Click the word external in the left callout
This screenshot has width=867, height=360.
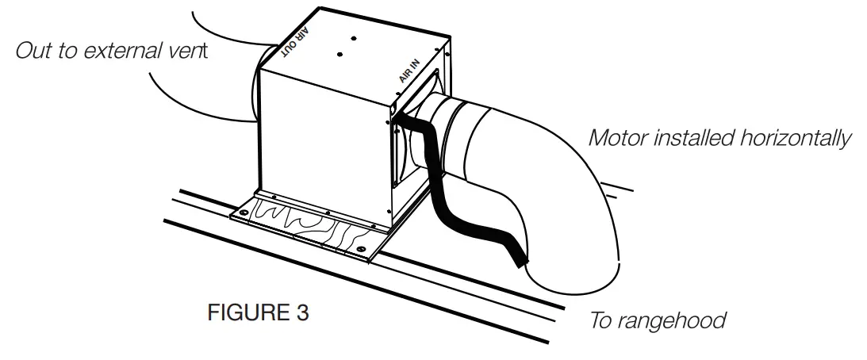coord(129,52)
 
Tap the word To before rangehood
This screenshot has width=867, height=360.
coord(602,320)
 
